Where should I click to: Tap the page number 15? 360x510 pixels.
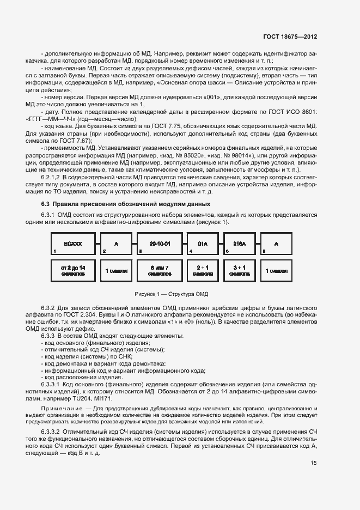(x=314, y=464)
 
